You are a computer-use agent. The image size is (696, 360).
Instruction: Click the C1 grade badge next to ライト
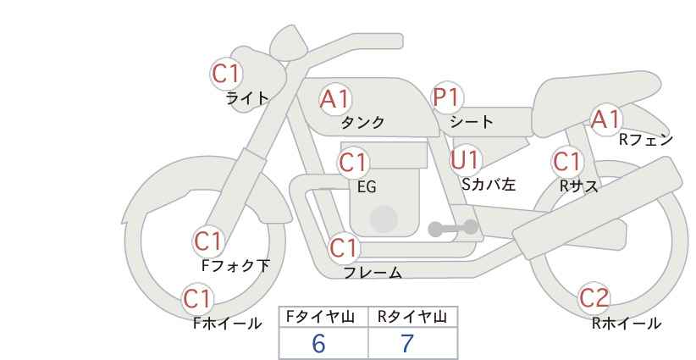click(x=226, y=74)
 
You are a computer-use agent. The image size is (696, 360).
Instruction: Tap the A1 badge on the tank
click(x=335, y=99)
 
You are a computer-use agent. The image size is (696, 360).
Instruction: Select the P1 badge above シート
click(x=447, y=97)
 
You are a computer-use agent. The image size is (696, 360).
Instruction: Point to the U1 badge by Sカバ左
click(x=466, y=160)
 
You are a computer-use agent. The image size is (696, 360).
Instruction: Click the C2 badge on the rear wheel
click(x=594, y=298)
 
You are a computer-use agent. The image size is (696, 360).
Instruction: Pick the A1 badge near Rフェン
click(x=606, y=119)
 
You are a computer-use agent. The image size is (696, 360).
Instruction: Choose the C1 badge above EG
click(x=353, y=163)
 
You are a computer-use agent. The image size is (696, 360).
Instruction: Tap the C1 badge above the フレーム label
click(x=344, y=248)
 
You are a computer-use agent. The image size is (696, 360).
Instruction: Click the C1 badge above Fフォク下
click(x=208, y=242)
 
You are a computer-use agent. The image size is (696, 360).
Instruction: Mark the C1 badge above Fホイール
click(x=197, y=299)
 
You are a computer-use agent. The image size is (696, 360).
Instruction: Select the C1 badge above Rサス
click(x=567, y=162)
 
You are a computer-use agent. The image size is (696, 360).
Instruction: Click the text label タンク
click(x=362, y=122)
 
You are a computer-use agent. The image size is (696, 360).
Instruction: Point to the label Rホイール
click(x=627, y=324)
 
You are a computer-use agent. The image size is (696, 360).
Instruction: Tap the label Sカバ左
click(x=489, y=184)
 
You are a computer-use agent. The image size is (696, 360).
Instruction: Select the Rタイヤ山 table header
click(x=412, y=317)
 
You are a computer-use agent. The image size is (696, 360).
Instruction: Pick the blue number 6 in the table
click(x=318, y=343)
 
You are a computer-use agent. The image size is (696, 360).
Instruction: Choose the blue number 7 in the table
click(x=407, y=343)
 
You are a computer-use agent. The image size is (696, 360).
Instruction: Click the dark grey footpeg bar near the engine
click(x=453, y=228)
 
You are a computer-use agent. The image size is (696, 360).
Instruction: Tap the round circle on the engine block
click(x=384, y=219)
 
